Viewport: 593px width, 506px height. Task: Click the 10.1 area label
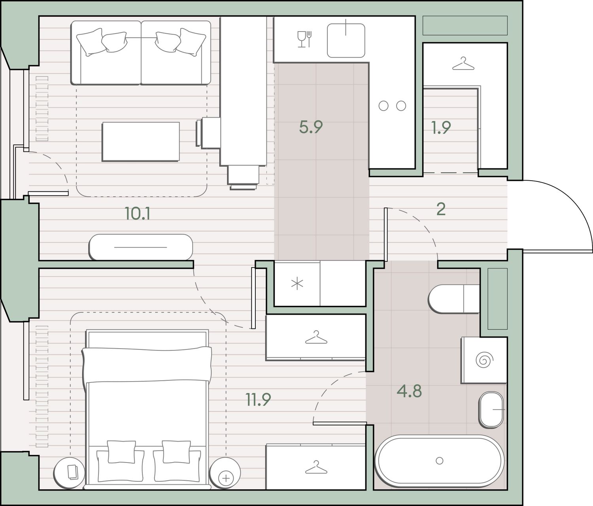138,214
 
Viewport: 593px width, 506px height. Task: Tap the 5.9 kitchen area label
311,127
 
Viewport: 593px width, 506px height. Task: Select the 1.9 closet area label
441,128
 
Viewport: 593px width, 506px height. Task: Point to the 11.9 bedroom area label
258,400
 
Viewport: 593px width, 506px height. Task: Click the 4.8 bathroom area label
409,391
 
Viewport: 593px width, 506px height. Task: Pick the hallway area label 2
441,209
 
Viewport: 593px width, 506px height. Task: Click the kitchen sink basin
346,40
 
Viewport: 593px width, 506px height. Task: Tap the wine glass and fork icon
304,39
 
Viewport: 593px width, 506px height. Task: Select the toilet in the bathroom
453,299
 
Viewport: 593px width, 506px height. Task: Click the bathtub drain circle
439,461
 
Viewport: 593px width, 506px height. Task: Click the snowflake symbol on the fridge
297,284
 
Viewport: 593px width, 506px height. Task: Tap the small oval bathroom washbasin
491,409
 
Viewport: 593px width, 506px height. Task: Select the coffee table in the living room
141,142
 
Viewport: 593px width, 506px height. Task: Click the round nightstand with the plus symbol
225,473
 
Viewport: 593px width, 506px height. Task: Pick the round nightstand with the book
69,473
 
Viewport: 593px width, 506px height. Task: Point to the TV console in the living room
141,247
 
